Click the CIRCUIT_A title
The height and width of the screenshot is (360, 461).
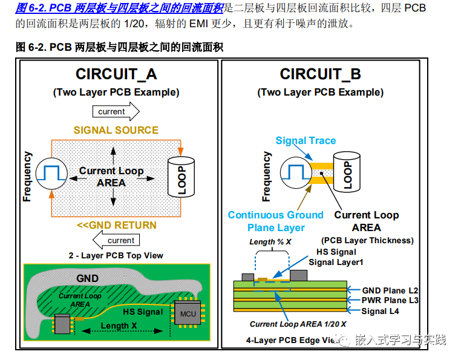click(x=116, y=74)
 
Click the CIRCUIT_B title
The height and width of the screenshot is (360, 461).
click(x=320, y=74)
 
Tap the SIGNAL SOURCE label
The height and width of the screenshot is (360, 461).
click(x=116, y=130)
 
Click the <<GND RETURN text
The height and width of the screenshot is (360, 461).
click(x=116, y=225)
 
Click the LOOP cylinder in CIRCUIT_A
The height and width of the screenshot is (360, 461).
click(x=181, y=177)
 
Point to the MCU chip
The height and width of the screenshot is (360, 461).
click(x=188, y=313)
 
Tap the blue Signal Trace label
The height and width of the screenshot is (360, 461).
click(x=306, y=141)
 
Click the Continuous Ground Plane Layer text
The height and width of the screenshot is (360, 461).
click(x=276, y=221)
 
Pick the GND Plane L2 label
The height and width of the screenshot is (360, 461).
click(x=390, y=290)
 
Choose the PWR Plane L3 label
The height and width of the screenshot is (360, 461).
click(x=390, y=301)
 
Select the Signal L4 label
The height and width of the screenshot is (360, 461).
click(x=380, y=311)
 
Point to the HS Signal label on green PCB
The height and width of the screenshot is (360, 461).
click(x=143, y=312)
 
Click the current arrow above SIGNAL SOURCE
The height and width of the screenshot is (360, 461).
click(x=116, y=112)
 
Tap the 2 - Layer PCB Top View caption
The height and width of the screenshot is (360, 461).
click(x=116, y=255)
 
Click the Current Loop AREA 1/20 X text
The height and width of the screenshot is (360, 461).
click(x=298, y=324)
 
